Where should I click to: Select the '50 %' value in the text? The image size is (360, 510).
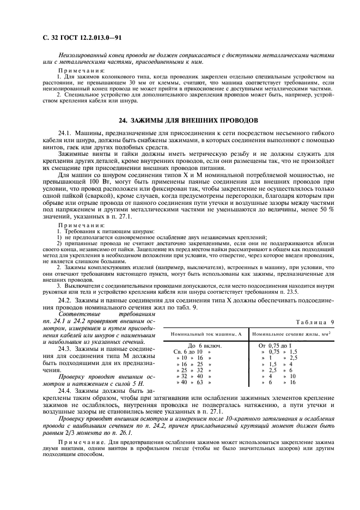tap(327, 210)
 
